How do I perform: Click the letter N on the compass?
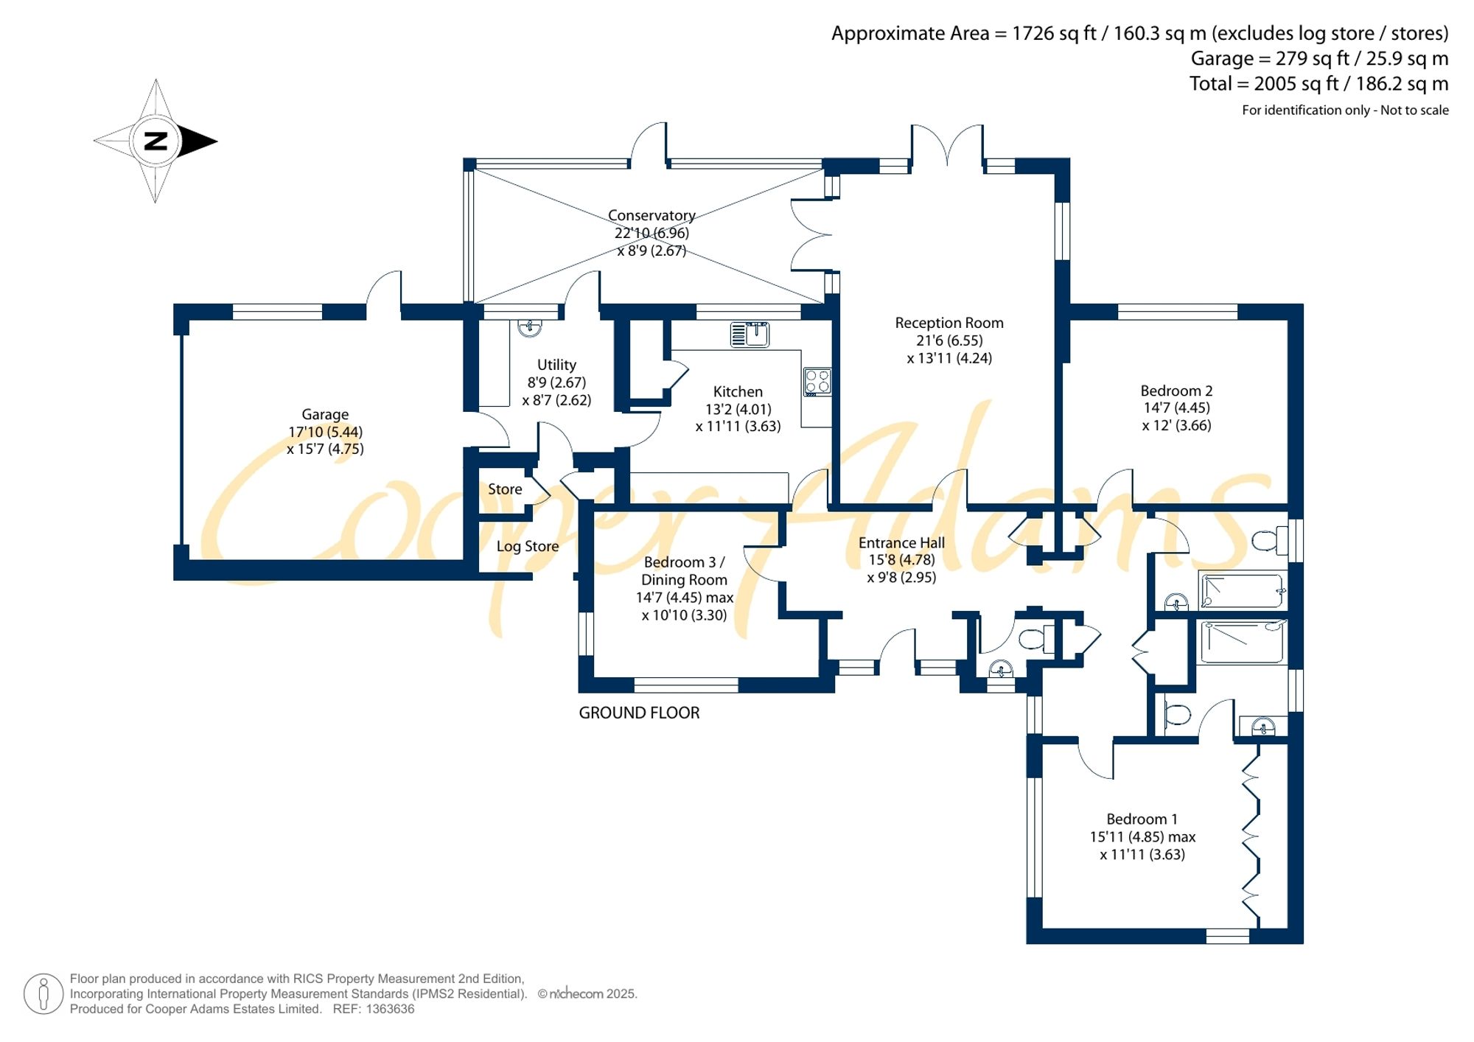(x=156, y=141)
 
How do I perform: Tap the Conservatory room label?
(x=652, y=215)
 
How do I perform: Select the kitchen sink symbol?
(x=750, y=334)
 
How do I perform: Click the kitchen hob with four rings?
(x=818, y=382)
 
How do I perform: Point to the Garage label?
(x=325, y=414)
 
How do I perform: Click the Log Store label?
(x=527, y=546)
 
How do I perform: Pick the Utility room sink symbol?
(x=529, y=327)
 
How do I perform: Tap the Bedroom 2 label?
(x=1176, y=391)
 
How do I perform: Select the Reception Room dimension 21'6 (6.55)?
(x=949, y=340)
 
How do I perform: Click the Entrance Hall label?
(x=901, y=542)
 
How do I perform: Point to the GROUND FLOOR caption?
(x=639, y=713)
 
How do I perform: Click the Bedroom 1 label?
(x=1142, y=819)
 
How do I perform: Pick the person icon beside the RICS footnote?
(x=43, y=993)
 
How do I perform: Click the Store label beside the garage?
(x=505, y=489)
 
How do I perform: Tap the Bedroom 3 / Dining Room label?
(x=684, y=571)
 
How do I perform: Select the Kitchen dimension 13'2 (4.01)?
(x=738, y=409)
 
